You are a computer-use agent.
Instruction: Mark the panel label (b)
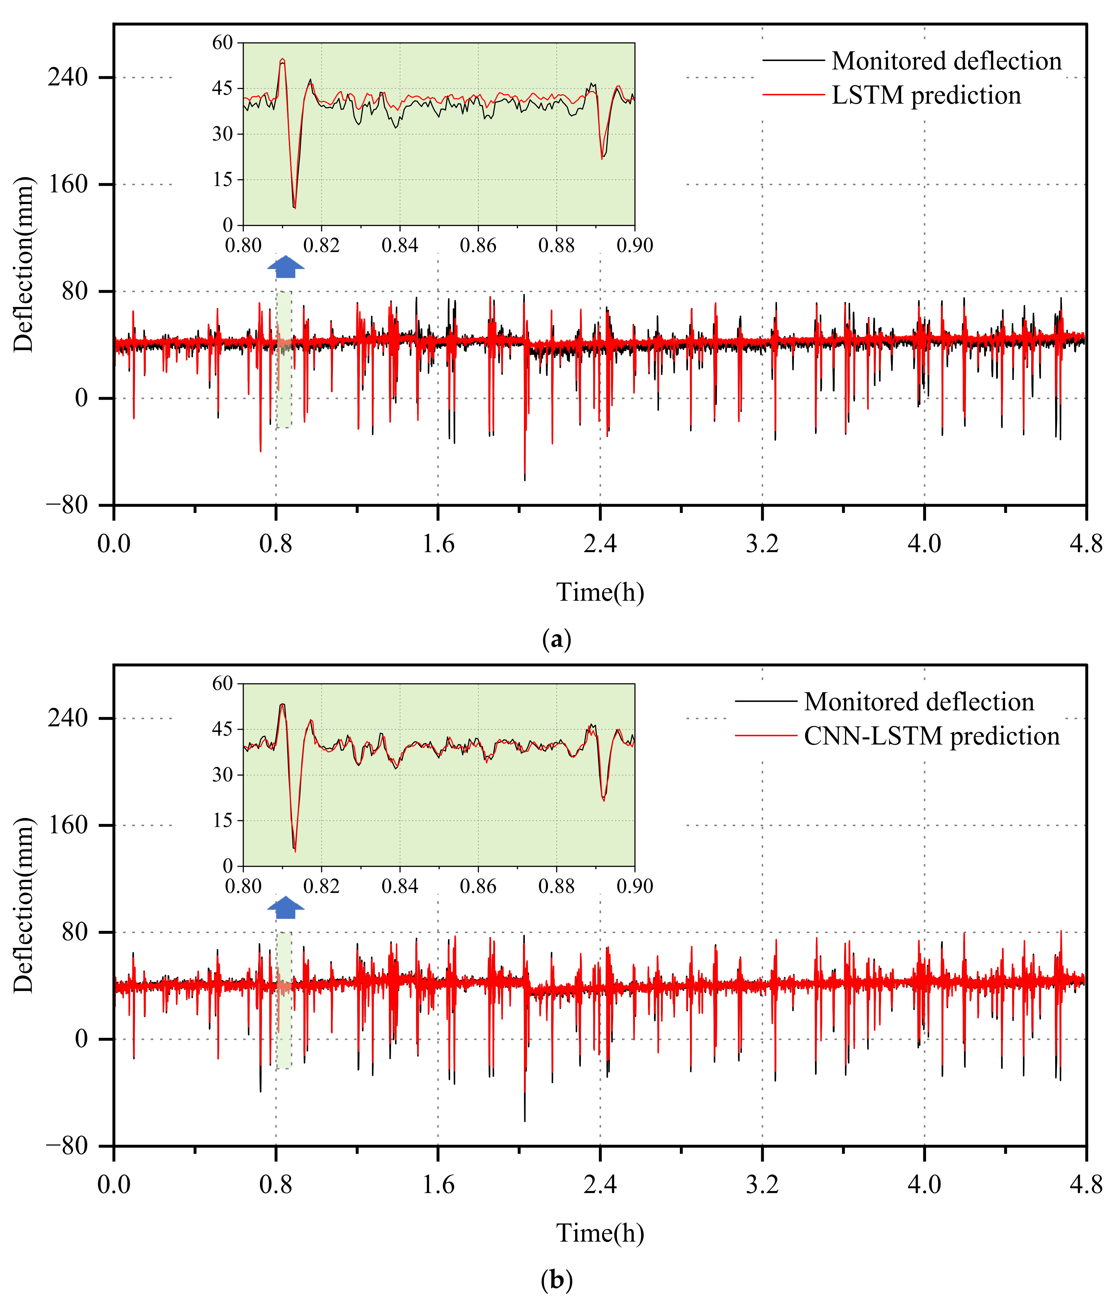pyautogui.click(x=556, y=1280)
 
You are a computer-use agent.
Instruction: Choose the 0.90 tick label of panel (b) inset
pyautogui.click(x=634, y=886)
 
